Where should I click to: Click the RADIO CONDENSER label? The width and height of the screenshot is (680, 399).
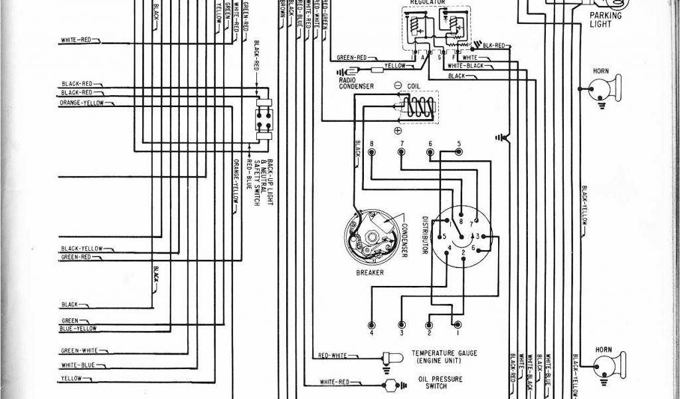click(x=356, y=82)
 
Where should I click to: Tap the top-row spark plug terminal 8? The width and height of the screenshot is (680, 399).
click(x=372, y=152)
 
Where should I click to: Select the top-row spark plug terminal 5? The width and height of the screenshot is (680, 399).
click(x=458, y=152)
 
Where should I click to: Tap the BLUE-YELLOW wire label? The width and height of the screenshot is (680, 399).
click(x=78, y=329)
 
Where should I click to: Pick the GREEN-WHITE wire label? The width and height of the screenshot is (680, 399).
click(x=79, y=350)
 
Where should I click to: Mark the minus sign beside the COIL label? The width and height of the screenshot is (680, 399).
click(x=398, y=86)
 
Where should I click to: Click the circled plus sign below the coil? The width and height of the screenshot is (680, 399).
click(x=398, y=130)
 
